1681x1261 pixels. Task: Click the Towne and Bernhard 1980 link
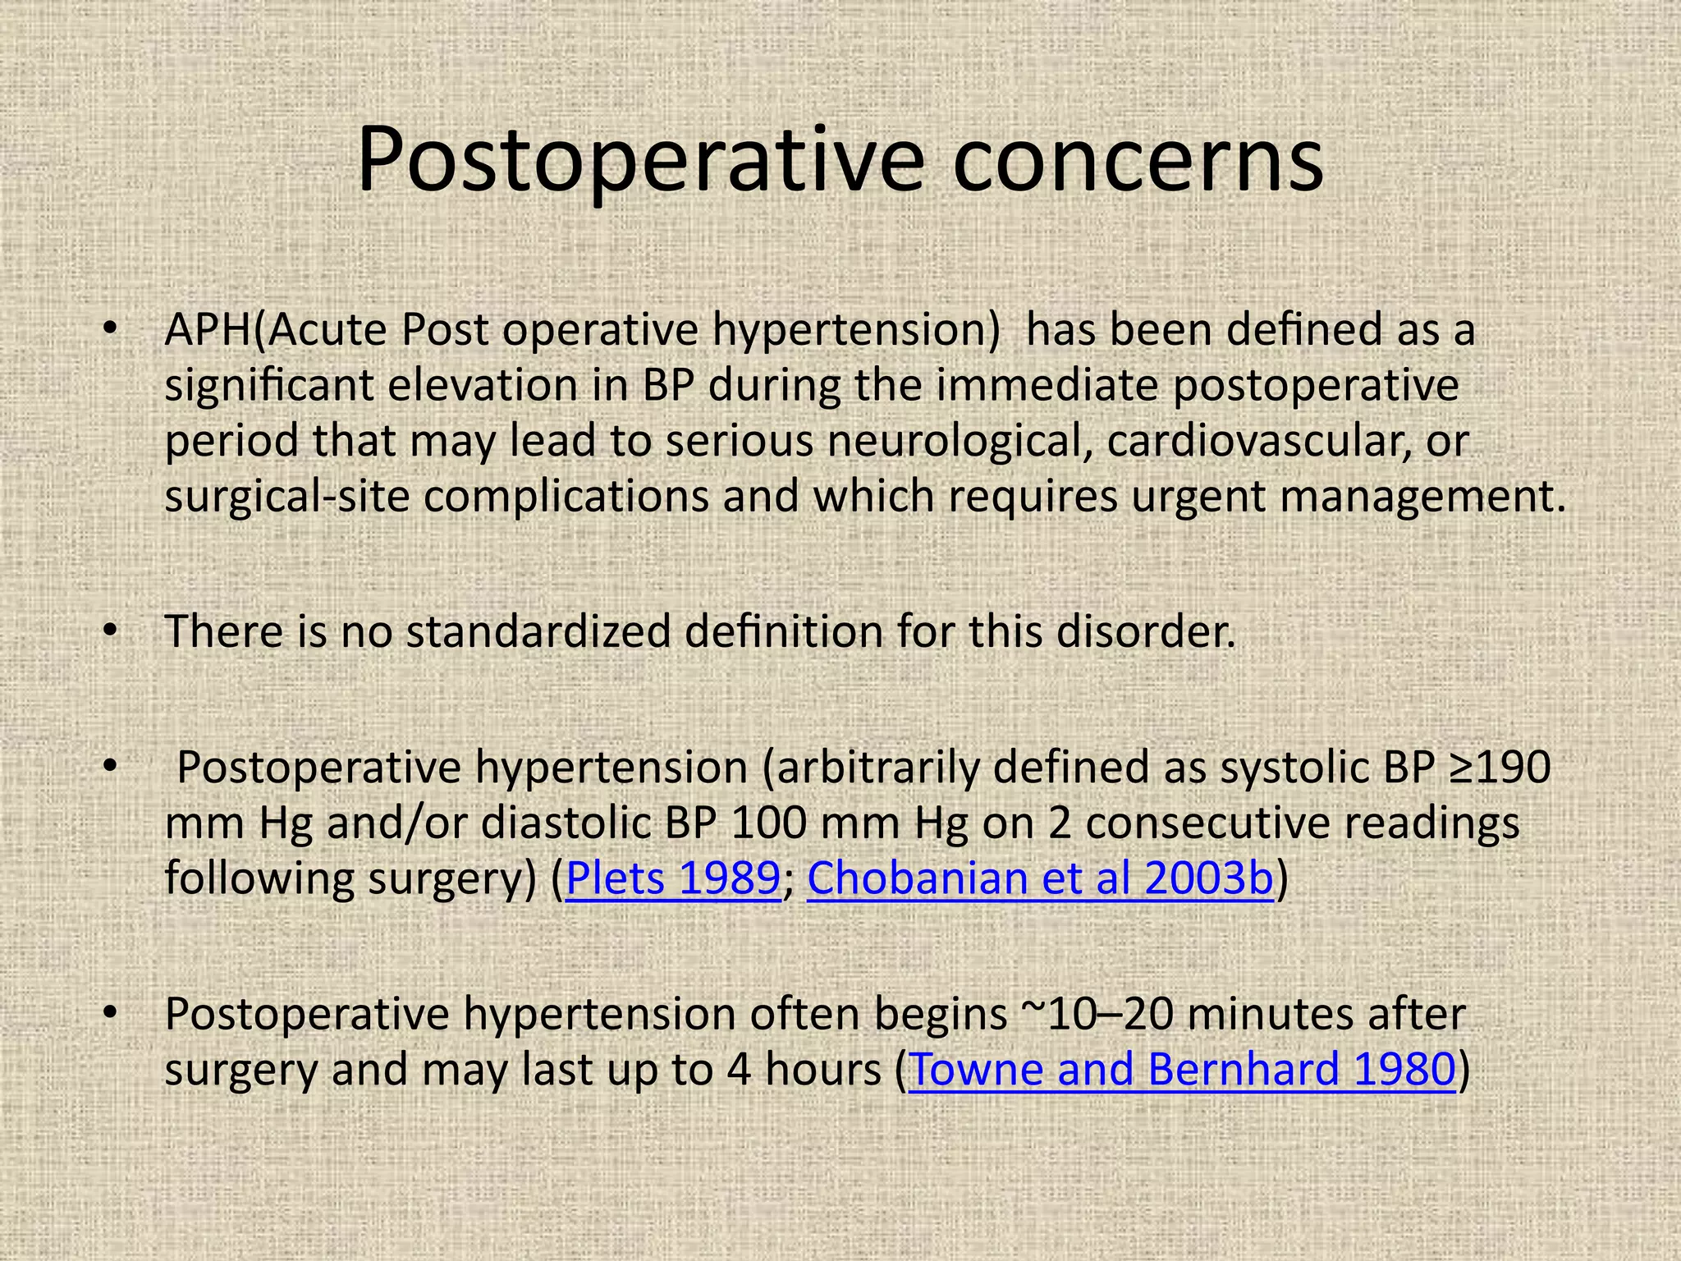coord(1183,1069)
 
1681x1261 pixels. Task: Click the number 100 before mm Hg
coord(767,823)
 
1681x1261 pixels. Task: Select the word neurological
coord(960,441)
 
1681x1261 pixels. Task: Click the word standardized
coord(538,631)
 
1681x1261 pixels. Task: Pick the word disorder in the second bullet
coord(1145,631)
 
